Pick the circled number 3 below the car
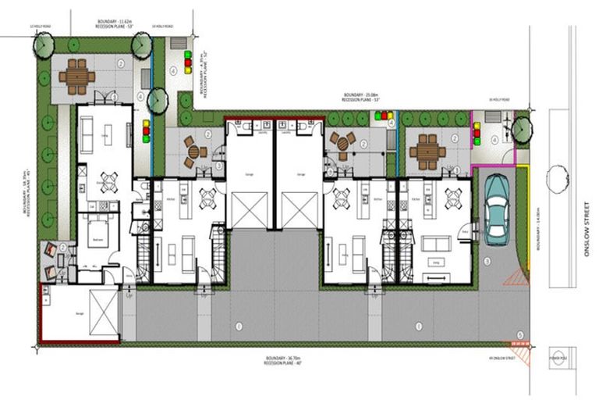pyautogui.click(x=487, y=260)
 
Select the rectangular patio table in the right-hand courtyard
pyautogui.click(x=427, y=152)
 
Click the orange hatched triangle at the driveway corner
pyautogui.click(x=515, y=277)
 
